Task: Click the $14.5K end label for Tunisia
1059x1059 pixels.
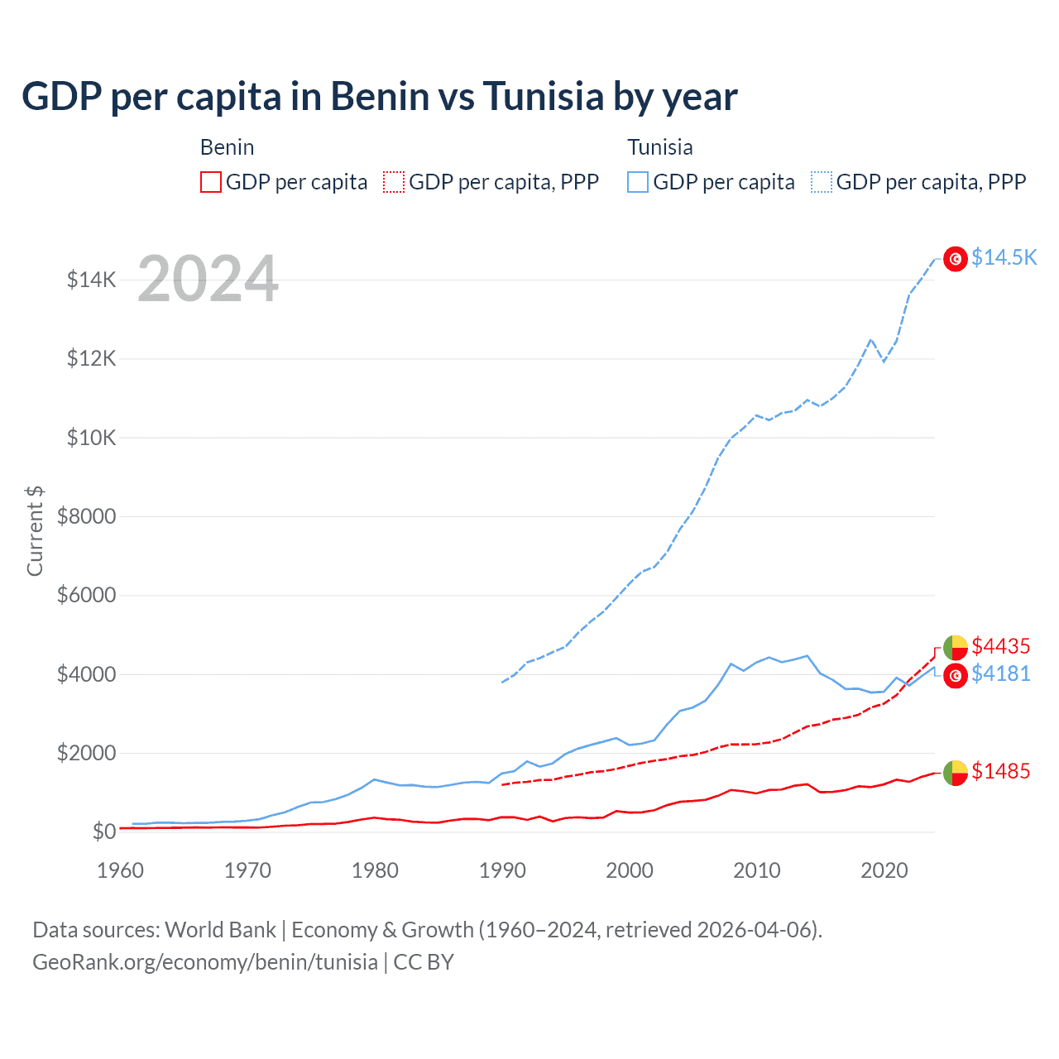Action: [x=1004, y=257]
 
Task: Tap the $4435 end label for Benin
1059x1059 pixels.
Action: [x=1001, y=645]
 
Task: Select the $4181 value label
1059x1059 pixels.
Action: [x=1001, y=673]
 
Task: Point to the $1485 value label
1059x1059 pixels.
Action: [x=1001, y=771]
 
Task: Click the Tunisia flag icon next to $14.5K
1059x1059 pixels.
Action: [x=956, y=259]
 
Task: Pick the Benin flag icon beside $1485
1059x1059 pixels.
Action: [x=956, y=773]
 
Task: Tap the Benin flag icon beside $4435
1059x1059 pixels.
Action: [x=956, y=647]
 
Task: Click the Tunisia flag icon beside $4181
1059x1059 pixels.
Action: [x=956, y=676]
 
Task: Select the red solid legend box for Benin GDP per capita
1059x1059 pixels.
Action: [x=211, y=182]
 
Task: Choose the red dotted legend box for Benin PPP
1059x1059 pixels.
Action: [x=394, y=182]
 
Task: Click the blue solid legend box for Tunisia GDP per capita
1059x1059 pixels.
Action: [x=638, y=182]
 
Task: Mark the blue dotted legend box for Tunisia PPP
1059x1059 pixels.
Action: [x=822, y=182]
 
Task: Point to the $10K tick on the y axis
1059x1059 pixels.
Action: [x=92, y=438]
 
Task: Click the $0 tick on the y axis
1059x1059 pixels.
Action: [x=103, y=831]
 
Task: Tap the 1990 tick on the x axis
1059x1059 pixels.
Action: [x=502, y=870]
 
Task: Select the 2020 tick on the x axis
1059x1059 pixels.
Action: [x=884, y=870]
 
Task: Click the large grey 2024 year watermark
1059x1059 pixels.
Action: [x=208, y=279]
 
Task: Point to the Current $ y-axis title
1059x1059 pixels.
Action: [x=35, y=531]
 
